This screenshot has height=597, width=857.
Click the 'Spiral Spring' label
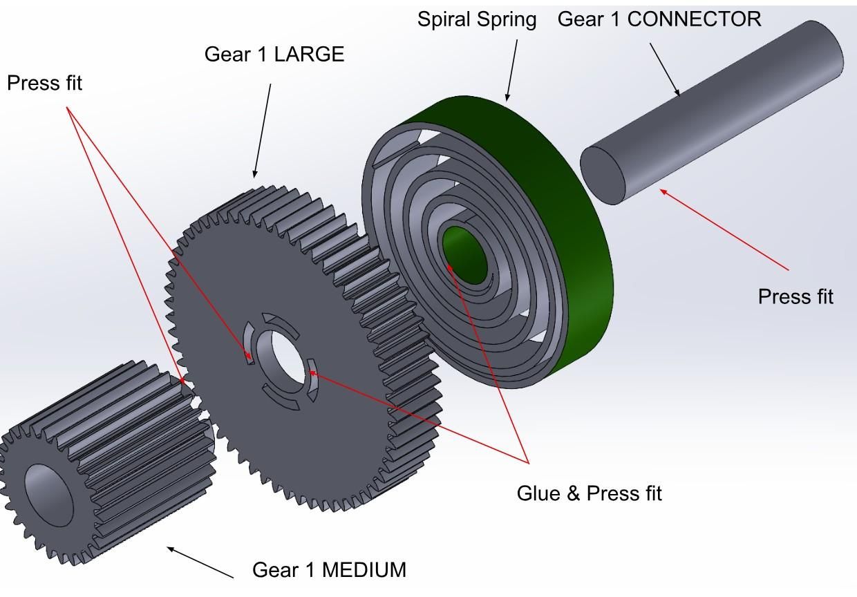click(477, 20)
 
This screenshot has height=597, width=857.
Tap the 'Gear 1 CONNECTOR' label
click(659, 19)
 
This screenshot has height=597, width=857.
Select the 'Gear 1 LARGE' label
click(274, 55)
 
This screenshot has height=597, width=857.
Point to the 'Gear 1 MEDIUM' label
click(329, 570)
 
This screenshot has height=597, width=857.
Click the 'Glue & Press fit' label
click(589, 493)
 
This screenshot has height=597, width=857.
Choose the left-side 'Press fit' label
click(44, 83)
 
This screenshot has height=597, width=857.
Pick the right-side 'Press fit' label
click(795, 297)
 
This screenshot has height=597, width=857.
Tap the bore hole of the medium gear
click(49, 495)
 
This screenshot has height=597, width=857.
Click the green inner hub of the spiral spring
click(465, 255)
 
